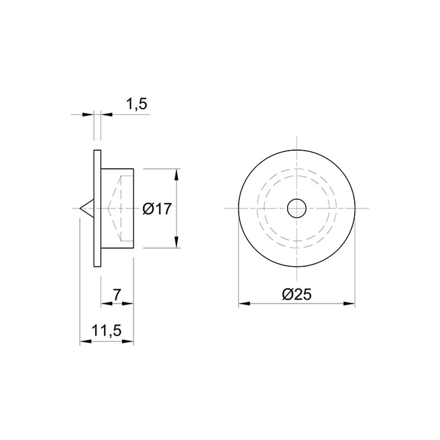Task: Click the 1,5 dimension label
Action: tap(137, 104)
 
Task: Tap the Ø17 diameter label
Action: tap(157, 209)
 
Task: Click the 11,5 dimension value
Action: tap(107, 331)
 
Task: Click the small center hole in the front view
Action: tap(297, 209)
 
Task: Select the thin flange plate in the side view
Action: tap(97, 209)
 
